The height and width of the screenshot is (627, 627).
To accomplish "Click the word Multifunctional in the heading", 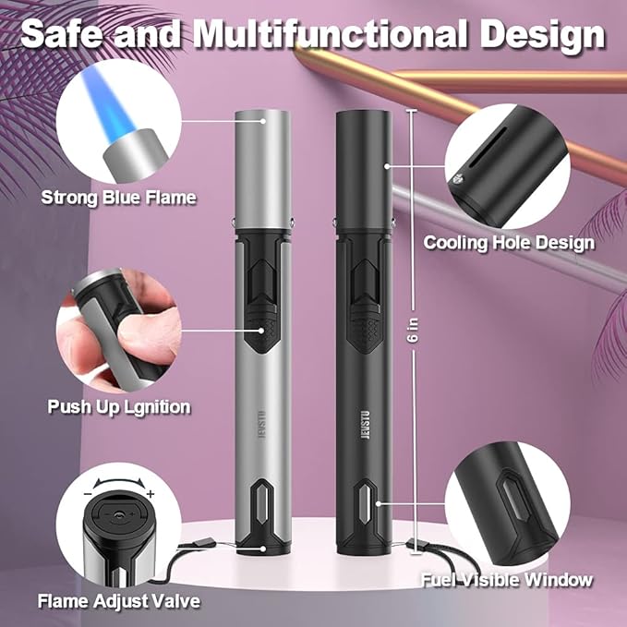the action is pyautogui.click(x=332, y=34).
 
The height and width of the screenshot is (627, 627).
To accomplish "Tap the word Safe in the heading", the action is pyautogui.click(x=61, y=34).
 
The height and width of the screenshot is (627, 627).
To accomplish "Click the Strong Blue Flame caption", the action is pyautogui.click(x=119, y=198).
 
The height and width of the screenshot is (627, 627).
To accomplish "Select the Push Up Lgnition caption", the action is pyautogui.click(x=119, y=407).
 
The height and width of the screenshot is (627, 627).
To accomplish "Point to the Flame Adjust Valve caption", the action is pyautogui.click(x=119, y=601).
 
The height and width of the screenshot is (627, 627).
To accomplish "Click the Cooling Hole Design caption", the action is pyautogui.click(x=509, y=243).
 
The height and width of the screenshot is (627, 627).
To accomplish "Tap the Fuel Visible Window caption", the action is pyautogui.click(x=507, y=580).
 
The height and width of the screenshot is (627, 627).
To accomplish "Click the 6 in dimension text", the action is pyautogui.click(x=414, y=331).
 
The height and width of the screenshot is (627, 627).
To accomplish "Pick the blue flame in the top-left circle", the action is pyautogui.click(x=108, y=104).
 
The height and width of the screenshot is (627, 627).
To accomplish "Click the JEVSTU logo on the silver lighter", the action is pyautogui.click(x=262, y=424).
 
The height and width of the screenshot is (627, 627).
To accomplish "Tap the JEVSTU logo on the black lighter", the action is pyautogui.click(x=365, y=425).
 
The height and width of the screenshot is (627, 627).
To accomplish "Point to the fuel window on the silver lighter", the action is pyautogui.click(x=262, y=500).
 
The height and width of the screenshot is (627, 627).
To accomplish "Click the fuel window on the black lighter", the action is pyautogui.click(x=366, y=501).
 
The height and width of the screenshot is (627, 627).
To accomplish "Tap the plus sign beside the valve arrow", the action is pyautogui.click(x=151, y=494).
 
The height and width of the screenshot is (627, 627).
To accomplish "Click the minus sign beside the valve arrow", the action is pyautogui.click(x=88, y=493).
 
